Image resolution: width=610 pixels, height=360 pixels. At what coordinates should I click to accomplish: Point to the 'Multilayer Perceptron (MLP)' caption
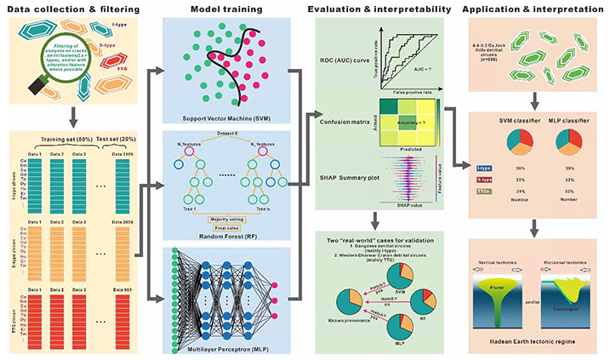click(219, 349)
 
